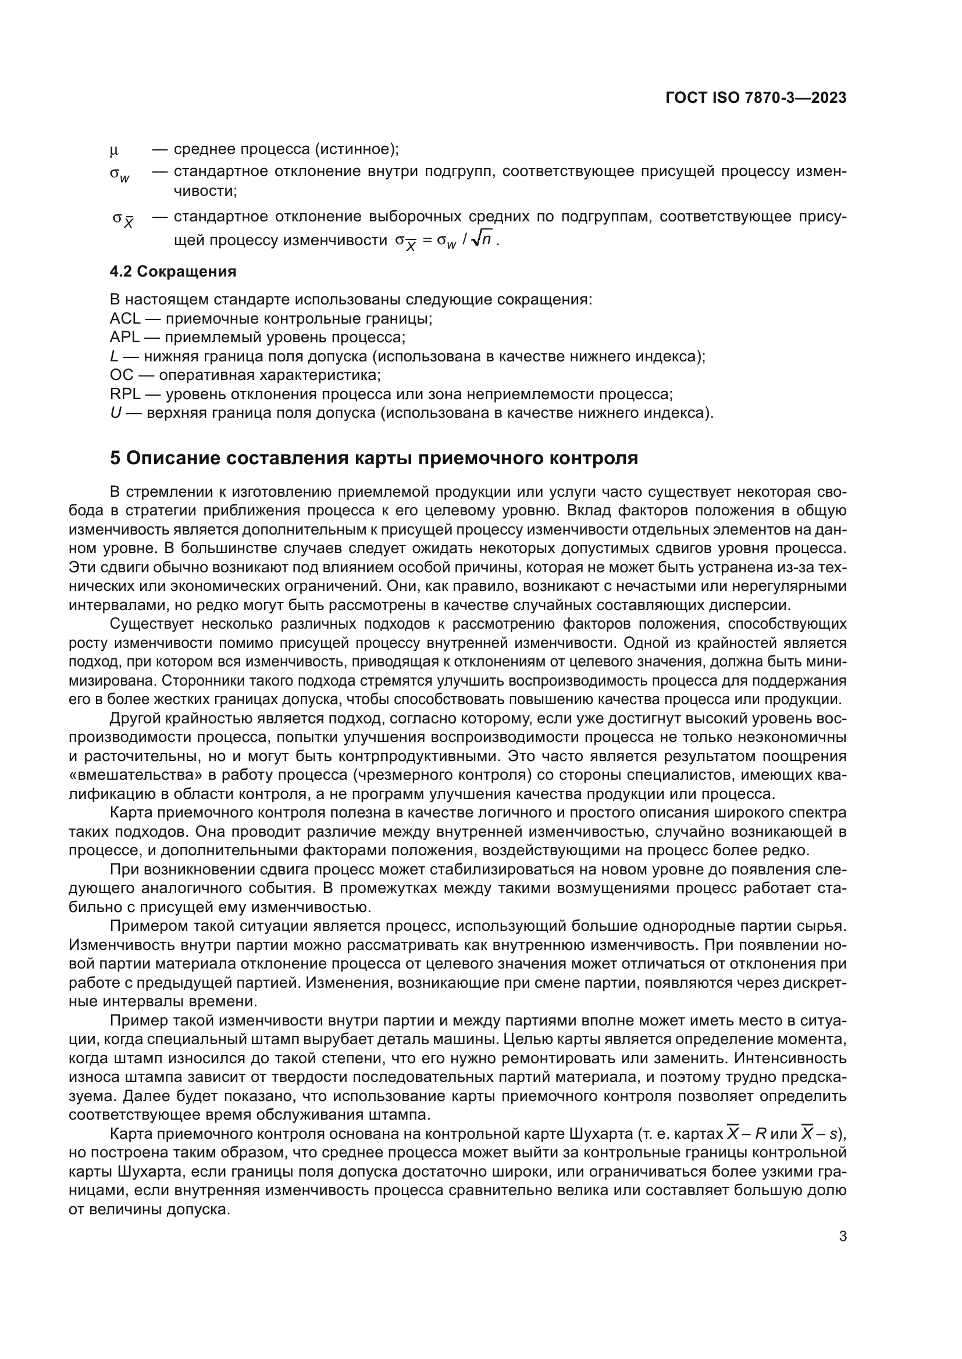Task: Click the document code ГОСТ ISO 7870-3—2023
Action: tap(756, 98)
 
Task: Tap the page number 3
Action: tap(843, 1236)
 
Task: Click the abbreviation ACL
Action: tap(125, 319)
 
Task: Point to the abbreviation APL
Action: tap(124, 338)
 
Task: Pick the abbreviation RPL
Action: tap(125, 394)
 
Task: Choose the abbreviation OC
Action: tap(122, 375)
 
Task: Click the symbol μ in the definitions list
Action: tap(114, 150)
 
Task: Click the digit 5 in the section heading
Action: tap(115, 458)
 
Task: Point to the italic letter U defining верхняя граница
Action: tap(116, 413)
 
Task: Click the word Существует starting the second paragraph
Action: tap(152, 625)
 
